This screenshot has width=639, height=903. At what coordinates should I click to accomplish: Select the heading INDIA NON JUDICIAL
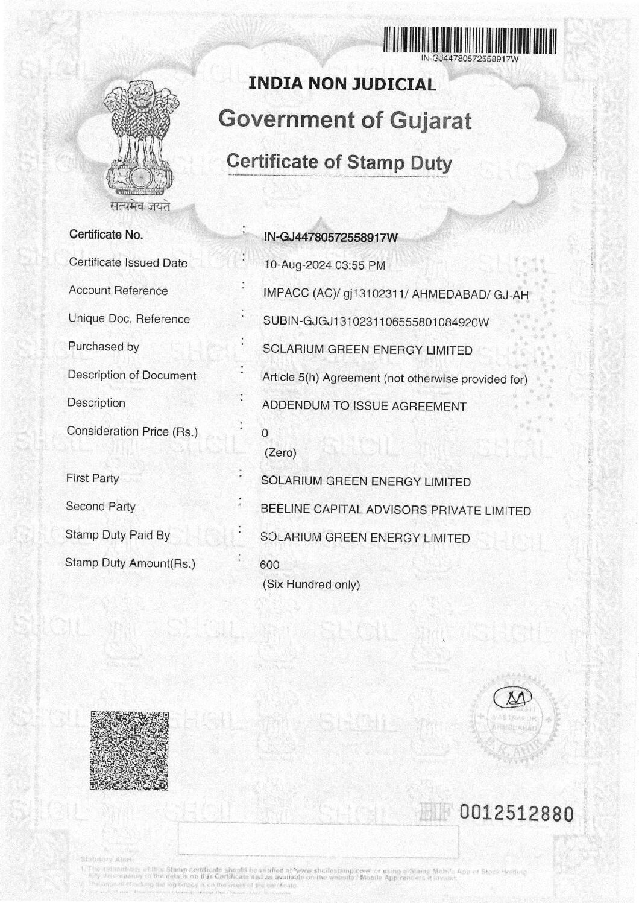point(342,84)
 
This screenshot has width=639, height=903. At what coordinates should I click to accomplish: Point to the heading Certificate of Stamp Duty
point(339,162)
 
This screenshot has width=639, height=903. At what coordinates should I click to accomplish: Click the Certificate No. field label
point(107,235)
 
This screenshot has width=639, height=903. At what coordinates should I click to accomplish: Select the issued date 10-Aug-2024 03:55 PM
point(324,265)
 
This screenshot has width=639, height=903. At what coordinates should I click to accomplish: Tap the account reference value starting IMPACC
point(395,294)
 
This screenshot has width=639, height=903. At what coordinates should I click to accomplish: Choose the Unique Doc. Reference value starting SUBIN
point(376,322)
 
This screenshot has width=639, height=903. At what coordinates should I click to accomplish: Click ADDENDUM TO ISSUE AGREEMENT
point(364,407)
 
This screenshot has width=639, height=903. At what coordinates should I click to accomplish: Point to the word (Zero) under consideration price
point(280,453)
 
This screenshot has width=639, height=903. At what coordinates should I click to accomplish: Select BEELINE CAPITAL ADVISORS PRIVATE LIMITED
point(395,510)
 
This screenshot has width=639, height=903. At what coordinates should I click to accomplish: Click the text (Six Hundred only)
point(311,585)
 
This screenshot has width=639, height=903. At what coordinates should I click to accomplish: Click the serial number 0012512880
point(515,814)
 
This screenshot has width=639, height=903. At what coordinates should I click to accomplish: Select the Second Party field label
point(101,507)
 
